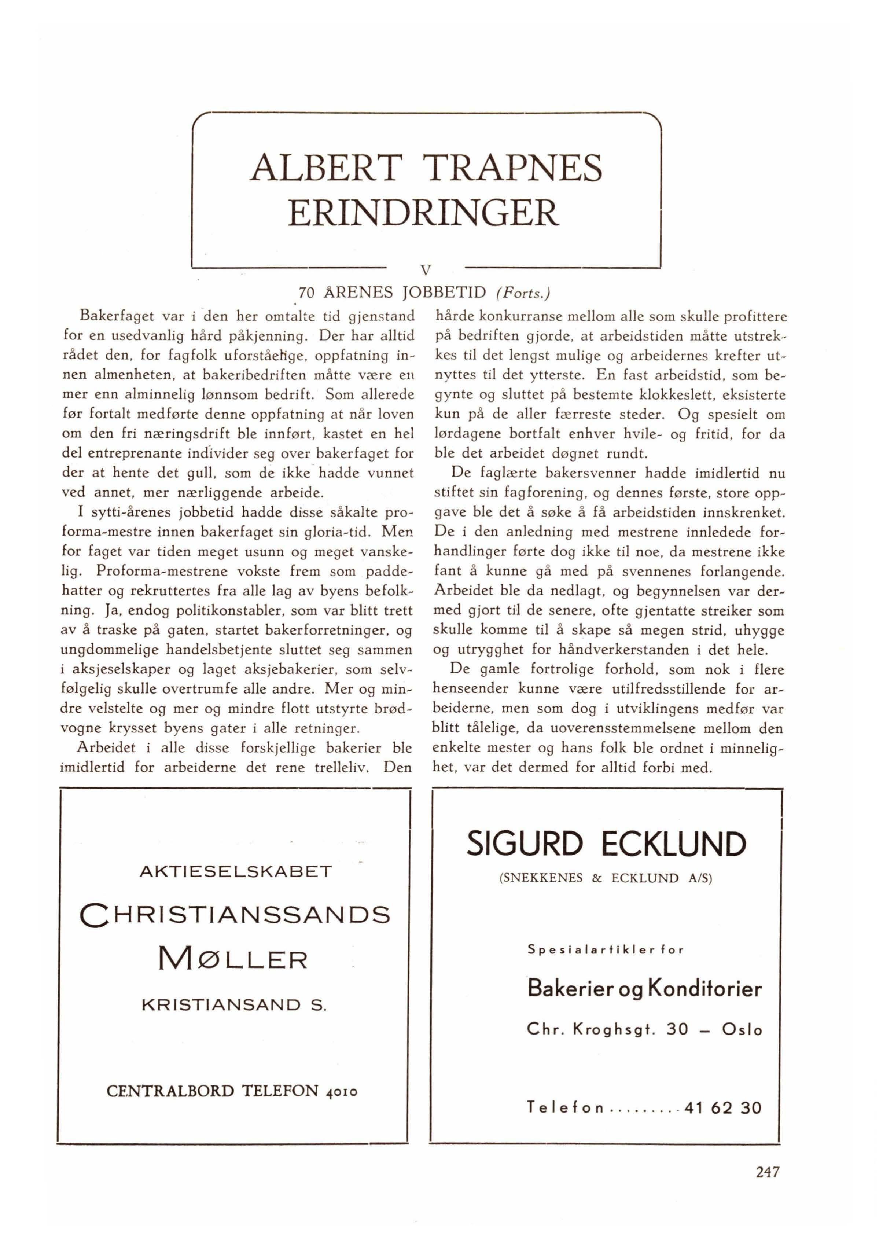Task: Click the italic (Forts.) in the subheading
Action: coord(523,294)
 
